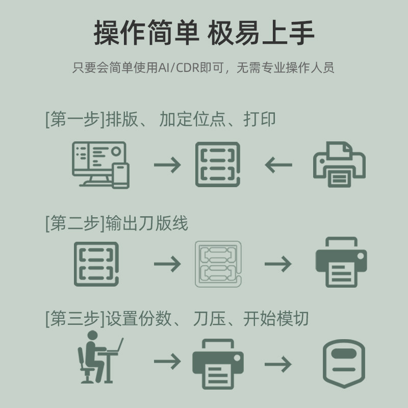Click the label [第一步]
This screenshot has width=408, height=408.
[x=75, y=119]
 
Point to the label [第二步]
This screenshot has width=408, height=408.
[x=75, y=223]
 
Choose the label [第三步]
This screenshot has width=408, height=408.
[x=75, y=319]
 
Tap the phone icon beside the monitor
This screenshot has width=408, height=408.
[x=120, y=175]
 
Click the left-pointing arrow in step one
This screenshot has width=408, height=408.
[x=278, y=165]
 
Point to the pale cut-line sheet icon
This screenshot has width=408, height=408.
[x=218, y=263]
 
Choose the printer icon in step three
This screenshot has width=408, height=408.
[x=218, y=362]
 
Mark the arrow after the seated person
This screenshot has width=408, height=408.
[x=167, y=362]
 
